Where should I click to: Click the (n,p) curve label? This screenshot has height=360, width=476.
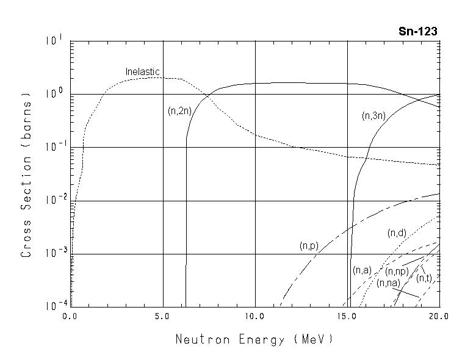[309, 246]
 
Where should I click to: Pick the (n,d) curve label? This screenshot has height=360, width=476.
[397, 233]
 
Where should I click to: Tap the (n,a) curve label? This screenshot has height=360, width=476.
[362, 270]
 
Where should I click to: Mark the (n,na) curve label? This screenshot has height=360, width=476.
[388, 283]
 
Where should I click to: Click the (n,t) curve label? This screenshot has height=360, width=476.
[424, 278]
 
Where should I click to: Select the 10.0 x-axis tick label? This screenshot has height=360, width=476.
[254, 317]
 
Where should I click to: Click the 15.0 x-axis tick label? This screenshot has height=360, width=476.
[347, 317]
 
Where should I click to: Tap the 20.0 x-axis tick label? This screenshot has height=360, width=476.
[438, 317]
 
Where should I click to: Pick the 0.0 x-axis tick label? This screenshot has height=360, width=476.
[70, 317]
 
